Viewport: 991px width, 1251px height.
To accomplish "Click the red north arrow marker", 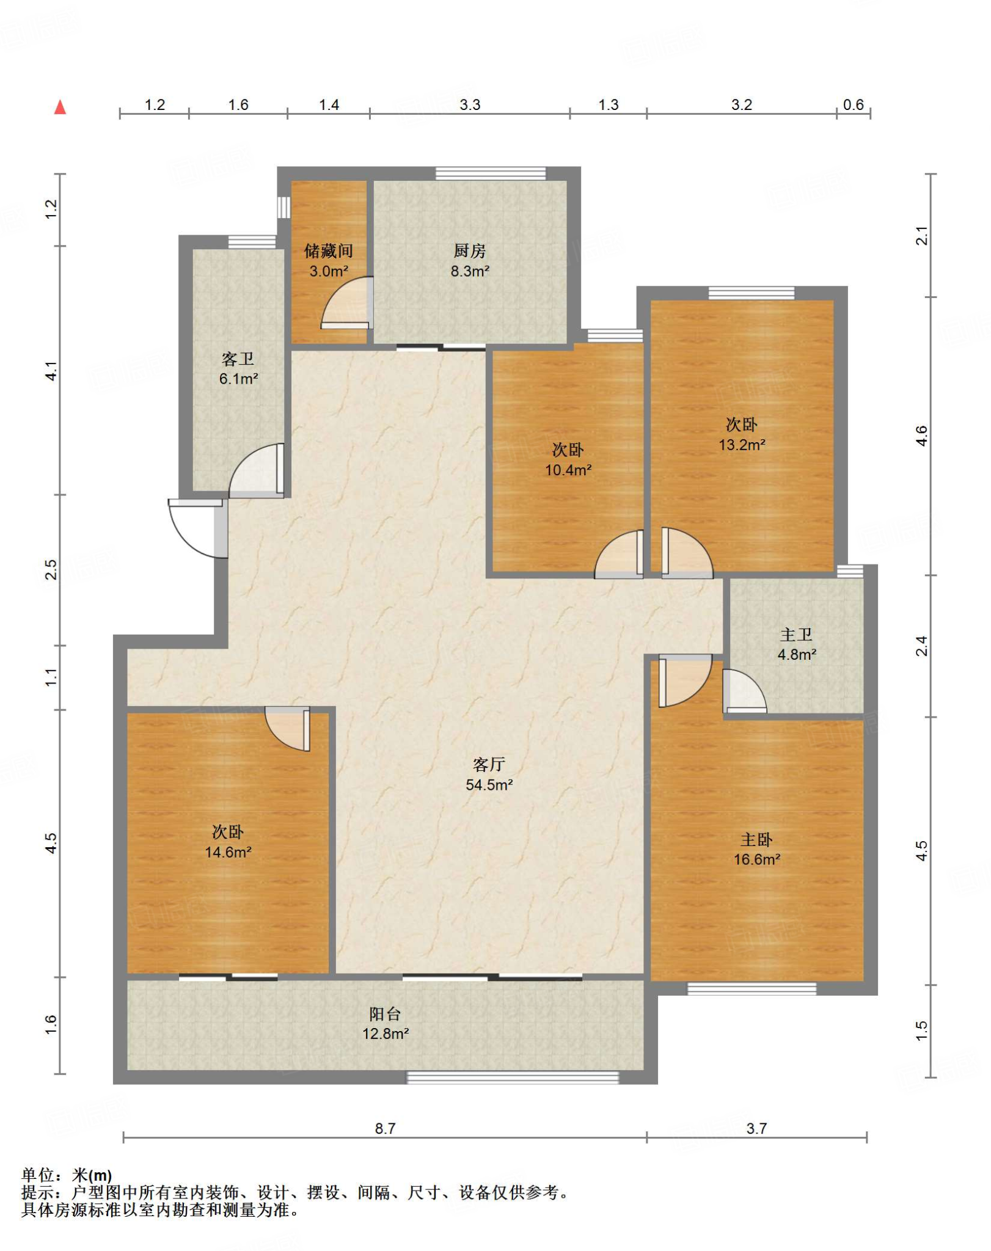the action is point(60,108).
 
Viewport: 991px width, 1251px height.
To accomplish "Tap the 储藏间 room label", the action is point(329,250).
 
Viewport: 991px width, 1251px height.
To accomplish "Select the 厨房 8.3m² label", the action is point(470,261).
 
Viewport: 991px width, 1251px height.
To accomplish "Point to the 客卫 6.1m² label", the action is point(238,368).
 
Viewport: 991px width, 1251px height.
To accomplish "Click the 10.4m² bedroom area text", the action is point(568,470).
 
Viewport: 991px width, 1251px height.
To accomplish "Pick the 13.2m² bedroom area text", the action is point(742,445).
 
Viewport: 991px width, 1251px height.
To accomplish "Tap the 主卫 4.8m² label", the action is point(797,644).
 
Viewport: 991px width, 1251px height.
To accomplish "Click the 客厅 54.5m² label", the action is point(489,775).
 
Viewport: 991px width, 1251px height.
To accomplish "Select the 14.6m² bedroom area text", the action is point(228,852).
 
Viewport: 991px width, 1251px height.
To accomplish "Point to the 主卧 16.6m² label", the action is point(757,850).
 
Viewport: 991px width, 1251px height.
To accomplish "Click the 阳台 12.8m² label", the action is point(386,1024).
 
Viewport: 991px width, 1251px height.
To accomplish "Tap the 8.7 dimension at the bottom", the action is point(385,1128).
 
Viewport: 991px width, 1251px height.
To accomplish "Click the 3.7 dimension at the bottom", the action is point(756,1128).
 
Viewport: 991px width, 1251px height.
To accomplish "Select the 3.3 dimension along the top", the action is point(470,104).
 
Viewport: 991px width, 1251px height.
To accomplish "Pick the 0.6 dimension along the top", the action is point(853,104).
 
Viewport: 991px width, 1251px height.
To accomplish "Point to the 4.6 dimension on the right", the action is point(921,436).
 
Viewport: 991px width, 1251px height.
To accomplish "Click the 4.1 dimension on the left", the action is point(51,371).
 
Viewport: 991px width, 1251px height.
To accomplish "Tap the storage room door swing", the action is point(346,303).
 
